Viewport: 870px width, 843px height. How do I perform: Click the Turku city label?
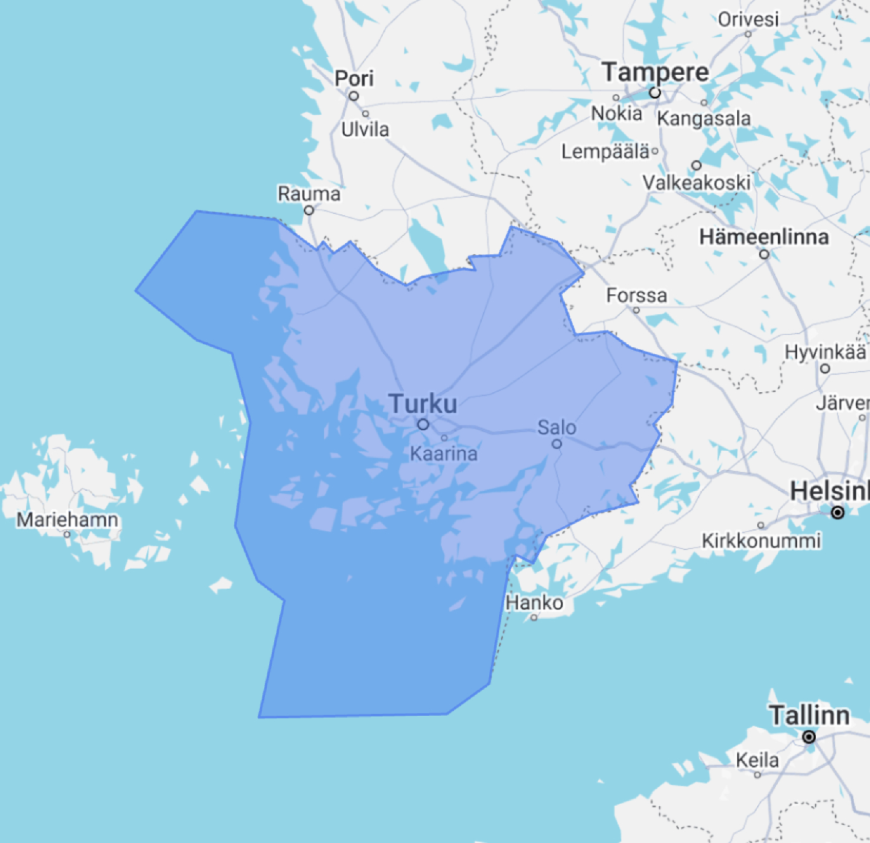423,404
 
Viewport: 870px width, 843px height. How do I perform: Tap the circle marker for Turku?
423,425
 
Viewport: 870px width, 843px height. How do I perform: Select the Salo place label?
557,428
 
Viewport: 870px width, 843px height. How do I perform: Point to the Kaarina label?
444,453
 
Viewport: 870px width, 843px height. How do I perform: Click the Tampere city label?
655,72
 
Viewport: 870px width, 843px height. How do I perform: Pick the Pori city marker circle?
354,96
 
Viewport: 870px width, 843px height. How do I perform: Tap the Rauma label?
309,194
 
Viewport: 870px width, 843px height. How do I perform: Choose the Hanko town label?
534,603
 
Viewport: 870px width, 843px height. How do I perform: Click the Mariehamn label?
67,519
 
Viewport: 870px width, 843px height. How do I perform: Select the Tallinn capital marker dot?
809,737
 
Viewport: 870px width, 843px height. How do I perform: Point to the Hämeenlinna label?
764,237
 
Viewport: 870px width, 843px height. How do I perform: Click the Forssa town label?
636,295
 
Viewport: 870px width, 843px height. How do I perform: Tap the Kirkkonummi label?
761,541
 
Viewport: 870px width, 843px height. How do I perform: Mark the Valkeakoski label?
697,183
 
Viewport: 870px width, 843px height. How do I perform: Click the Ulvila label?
365,129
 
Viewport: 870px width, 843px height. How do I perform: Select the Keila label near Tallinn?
757,760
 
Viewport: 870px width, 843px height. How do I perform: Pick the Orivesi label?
748,19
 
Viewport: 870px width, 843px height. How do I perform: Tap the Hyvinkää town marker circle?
825,369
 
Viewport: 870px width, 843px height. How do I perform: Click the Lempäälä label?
605,152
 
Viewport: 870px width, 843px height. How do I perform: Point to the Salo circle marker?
557,444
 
